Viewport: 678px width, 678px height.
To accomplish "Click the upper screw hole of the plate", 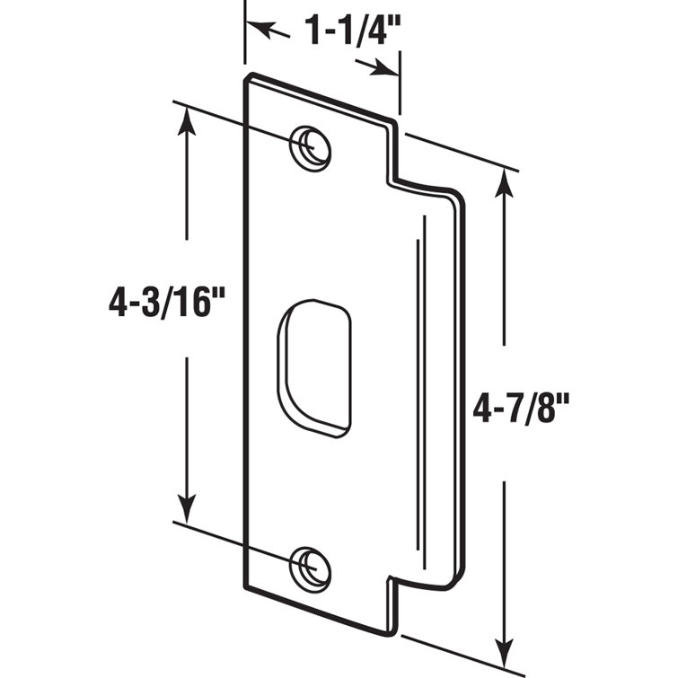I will pyautogui.click(x=310, y=145).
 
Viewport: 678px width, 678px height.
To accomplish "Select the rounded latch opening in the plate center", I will pyautogui.click(x=314, y=368).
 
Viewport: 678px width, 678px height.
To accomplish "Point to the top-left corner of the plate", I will pyautogui.click(x=248, y=78).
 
